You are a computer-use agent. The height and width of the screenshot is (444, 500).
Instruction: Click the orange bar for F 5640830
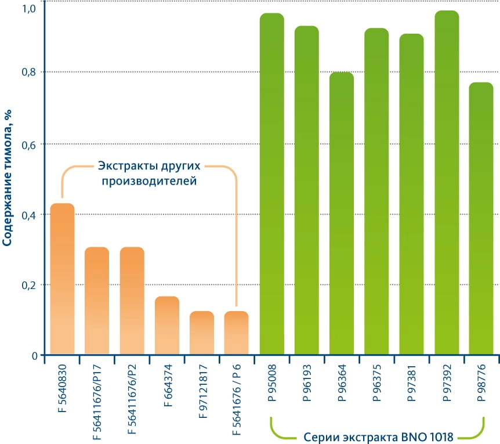click(x=62, y=279)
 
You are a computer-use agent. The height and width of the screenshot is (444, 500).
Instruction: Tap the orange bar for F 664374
click(x=166, y=325)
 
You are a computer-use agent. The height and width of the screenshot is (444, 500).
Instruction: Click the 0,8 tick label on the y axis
click(x=30, y=73)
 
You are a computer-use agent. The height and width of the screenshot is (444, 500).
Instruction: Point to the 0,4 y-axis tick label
click(x=30, y=215)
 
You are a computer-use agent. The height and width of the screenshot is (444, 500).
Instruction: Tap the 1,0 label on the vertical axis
click(x=30, y=9)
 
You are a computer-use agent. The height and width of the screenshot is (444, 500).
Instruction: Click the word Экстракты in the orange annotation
click(x=124, y=166)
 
